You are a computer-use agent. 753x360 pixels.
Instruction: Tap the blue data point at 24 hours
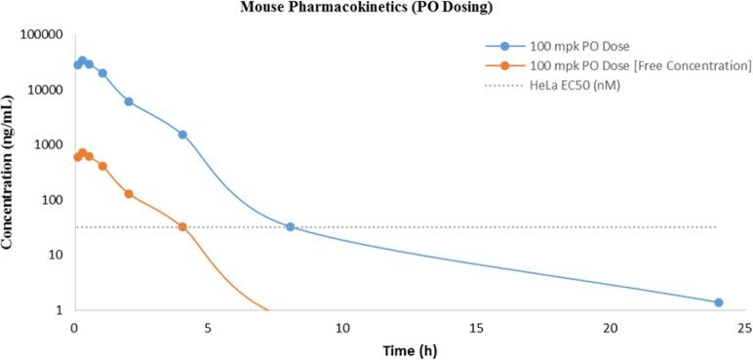(x=718, y=302)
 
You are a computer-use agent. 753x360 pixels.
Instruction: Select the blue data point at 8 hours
(x=290, y=226)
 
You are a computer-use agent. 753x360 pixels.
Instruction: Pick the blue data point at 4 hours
(x=182, y=135)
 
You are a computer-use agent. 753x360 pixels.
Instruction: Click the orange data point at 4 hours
(x=182, y=226)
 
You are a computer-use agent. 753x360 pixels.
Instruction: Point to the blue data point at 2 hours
(x=129, y=101)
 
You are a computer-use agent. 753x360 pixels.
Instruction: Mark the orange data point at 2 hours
(x=129, y=193)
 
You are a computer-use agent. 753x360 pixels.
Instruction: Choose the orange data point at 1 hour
(x=102, y=166)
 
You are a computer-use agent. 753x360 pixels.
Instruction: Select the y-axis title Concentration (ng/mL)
(x=9, y=173)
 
